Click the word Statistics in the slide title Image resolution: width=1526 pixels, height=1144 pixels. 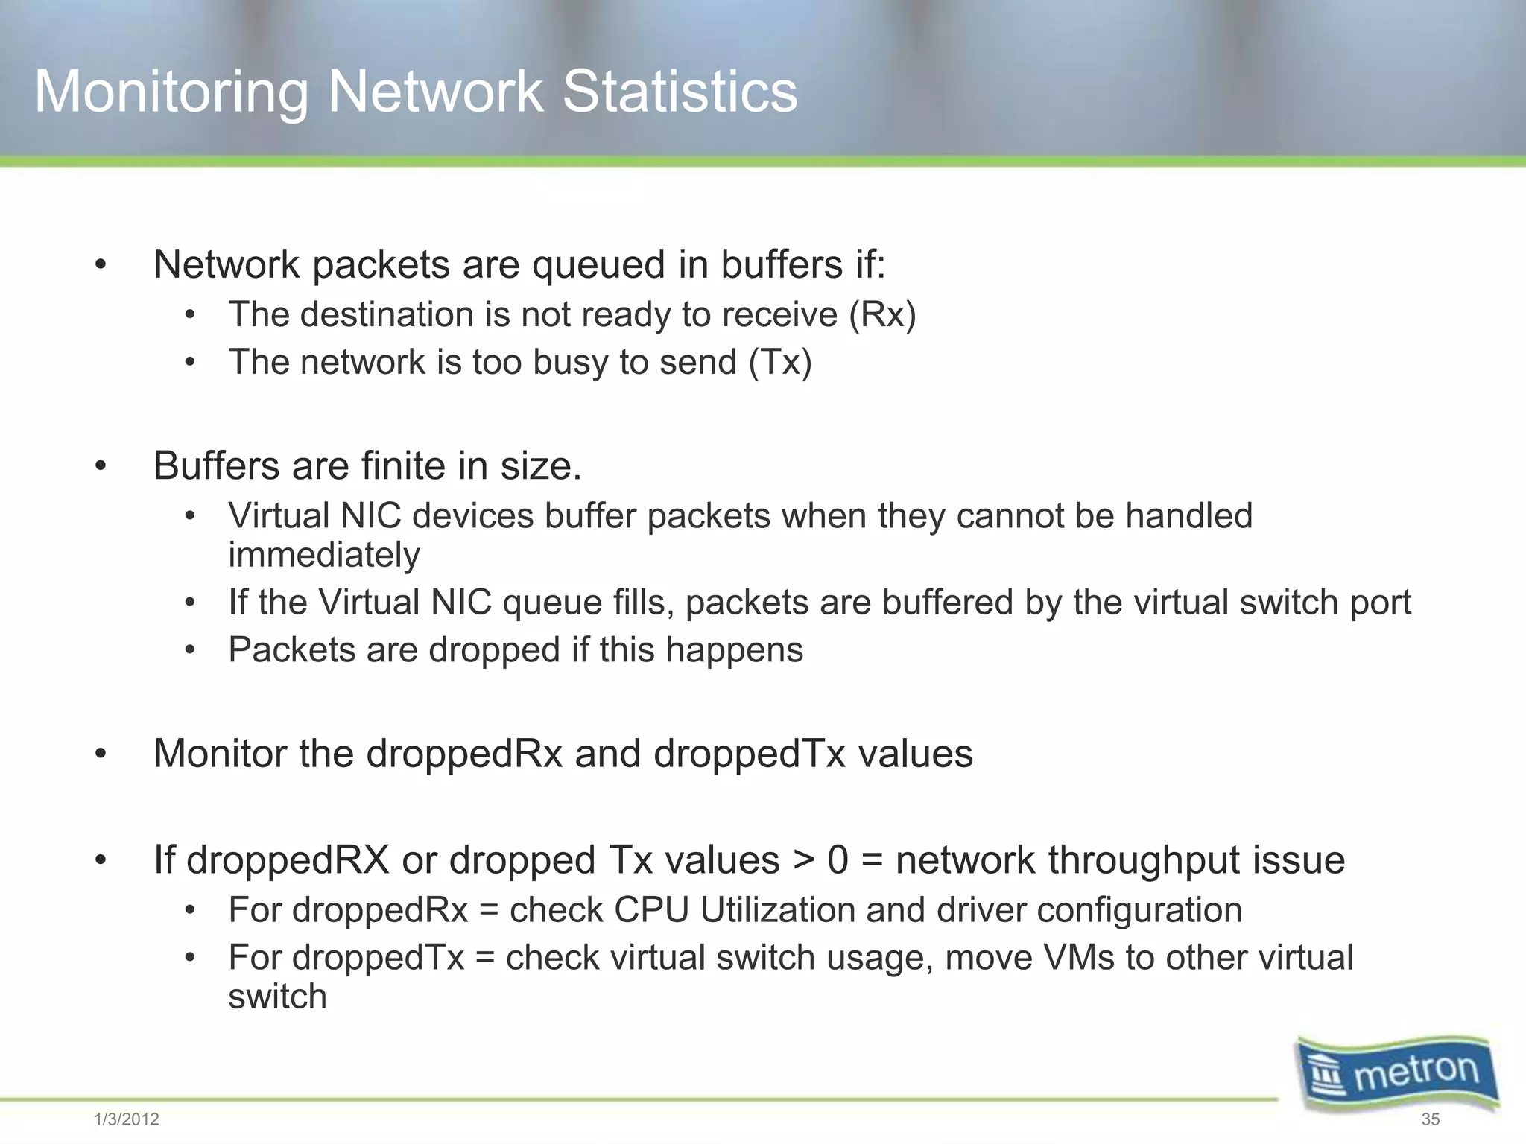coord(679,92)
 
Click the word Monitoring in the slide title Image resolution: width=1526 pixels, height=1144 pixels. coord(171,93)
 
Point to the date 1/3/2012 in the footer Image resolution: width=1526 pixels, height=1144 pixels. coord(127,1119)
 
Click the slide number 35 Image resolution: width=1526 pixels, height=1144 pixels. coord(1430,1119)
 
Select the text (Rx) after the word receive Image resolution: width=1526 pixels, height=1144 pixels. coord(882,315)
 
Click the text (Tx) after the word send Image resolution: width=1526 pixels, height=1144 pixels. coord(779,363)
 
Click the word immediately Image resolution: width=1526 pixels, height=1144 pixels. coord(324,556)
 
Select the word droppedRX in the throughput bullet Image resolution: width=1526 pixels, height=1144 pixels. coord(288,860)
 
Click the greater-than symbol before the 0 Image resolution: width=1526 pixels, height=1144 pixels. coord(803,861)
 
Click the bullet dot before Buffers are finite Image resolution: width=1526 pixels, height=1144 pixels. coord(101,467)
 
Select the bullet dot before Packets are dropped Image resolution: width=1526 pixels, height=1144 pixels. coord(191,650)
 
